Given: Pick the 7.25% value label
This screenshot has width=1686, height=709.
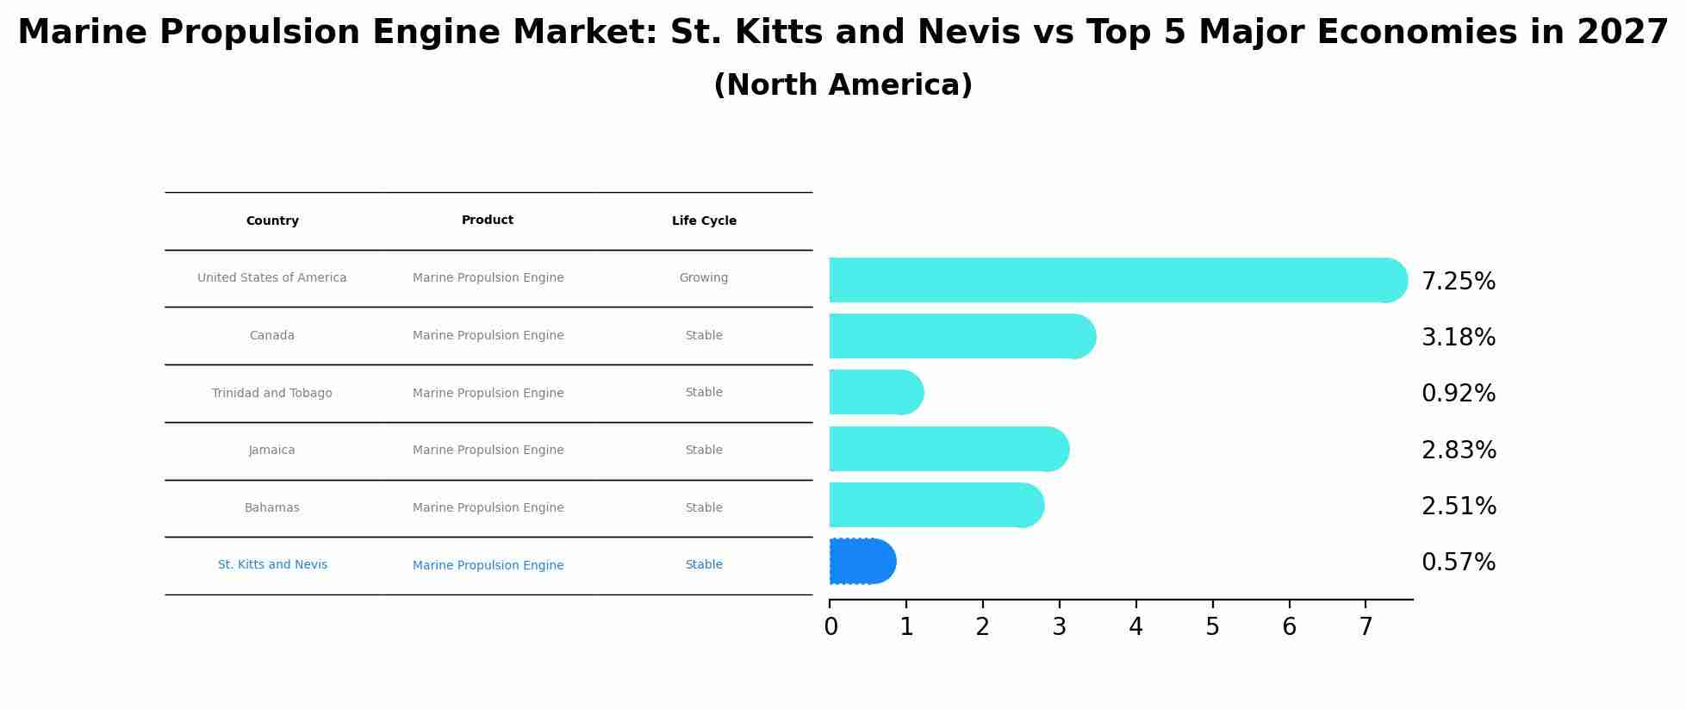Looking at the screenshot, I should coord(1458,282).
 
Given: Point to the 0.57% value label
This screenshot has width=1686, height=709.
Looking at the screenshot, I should coord(1458,563).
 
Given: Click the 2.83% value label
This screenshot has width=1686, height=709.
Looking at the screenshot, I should coord(1458,451).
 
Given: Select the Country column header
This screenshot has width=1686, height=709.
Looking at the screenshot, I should coord(272,221).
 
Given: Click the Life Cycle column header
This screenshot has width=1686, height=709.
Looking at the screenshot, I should coord(704,221).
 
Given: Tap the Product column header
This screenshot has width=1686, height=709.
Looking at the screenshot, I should coord(488,221).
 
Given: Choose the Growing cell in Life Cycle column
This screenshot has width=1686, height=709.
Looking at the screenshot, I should coord(704,278).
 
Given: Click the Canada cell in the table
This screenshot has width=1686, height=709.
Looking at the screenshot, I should coord(272,336).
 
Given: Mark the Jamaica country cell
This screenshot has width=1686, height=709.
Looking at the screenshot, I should coord(272,451).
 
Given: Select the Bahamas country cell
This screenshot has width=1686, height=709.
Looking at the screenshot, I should coord(272,508).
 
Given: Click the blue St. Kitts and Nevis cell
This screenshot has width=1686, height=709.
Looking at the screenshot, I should coord(272,565).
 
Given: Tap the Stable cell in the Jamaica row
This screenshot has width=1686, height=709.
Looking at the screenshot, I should coord(704,451).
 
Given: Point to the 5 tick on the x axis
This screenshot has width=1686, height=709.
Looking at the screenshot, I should coord(1212,627).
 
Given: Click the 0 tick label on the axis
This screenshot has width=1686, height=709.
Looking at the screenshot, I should coord(831,627).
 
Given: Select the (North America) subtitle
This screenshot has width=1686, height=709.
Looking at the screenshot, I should coord(843,85).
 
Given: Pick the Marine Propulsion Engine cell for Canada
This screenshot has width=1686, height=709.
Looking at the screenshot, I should coord(488,336).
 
